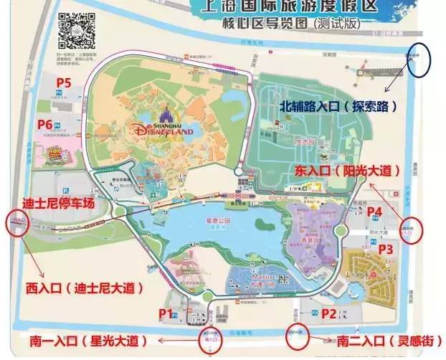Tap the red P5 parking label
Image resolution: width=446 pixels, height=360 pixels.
[64, 83]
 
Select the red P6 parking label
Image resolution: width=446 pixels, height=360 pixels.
[45, 125]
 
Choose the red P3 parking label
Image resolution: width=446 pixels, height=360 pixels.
[386, 249]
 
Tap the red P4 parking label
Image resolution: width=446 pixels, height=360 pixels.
[374, 212]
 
